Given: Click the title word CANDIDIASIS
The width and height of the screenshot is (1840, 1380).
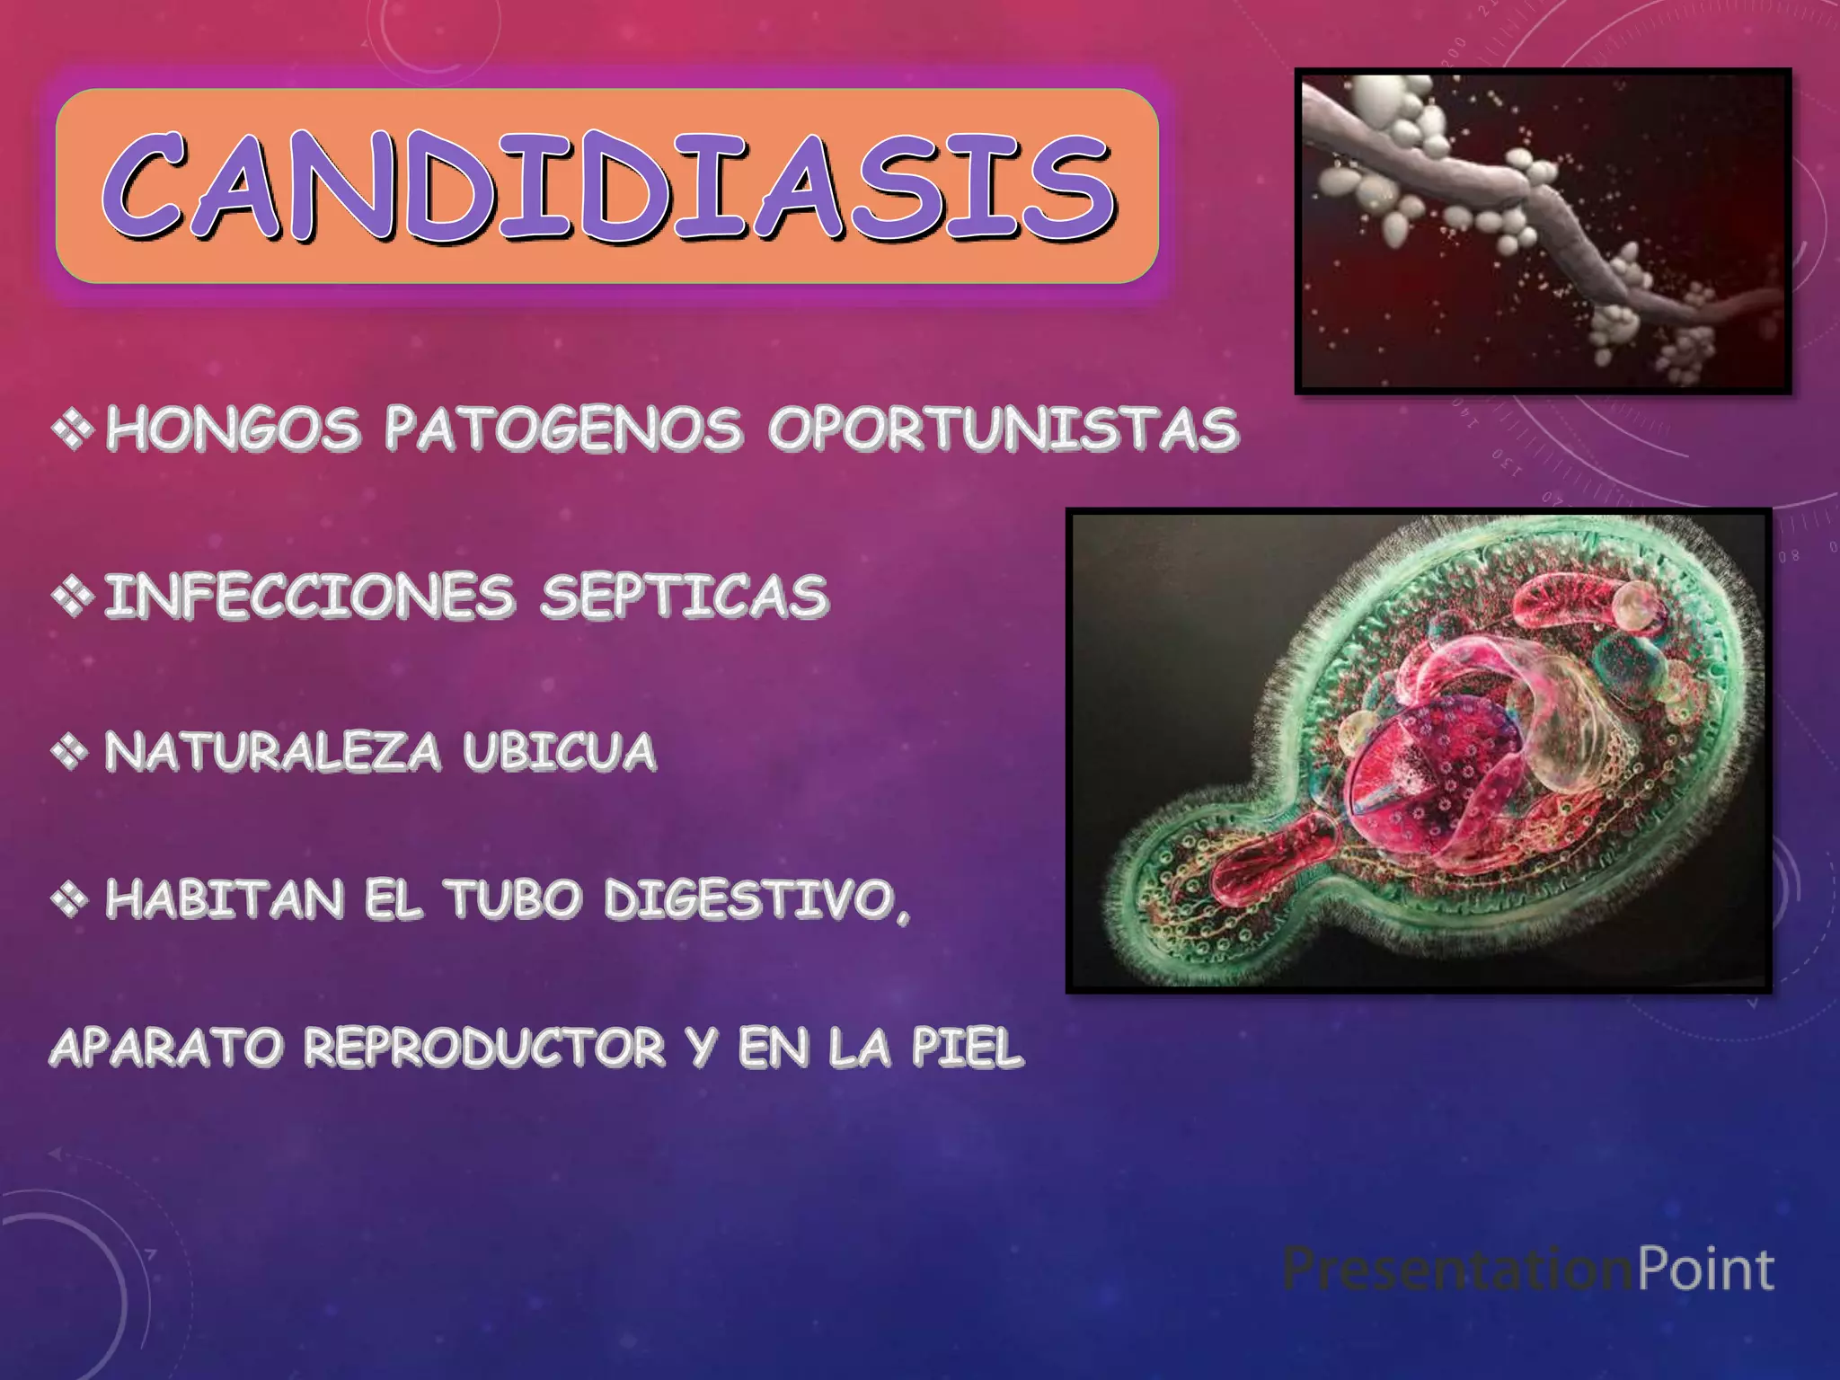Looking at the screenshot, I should pyautogui.click(x=607, y=186).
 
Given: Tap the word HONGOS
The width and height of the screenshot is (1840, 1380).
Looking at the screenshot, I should pyautogui.click(x=233, y=429).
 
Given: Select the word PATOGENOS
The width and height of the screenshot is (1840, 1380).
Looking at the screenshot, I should pyautogui.click(x=563, y=429).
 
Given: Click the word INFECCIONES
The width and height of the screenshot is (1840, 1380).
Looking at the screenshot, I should pyautogui.click(x=309, y=596).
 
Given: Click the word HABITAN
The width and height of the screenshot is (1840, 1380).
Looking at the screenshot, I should pyautogui.click(x=225, y=899).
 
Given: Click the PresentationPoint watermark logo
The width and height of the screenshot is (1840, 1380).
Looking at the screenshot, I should pyautogui.click(x=1528, y=1269).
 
